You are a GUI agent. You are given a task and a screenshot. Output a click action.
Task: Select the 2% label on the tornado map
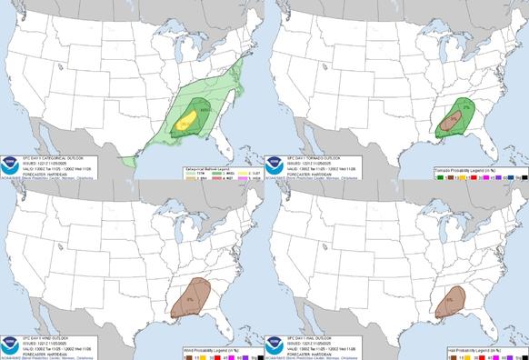[465, 106]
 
